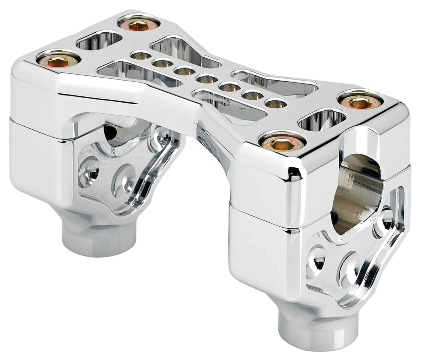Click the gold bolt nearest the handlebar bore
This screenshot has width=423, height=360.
click(282, 142)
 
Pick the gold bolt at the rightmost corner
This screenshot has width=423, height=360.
click(360, 102)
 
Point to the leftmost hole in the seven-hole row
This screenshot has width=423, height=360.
click(141, 55)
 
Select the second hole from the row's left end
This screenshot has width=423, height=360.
click(162, 63)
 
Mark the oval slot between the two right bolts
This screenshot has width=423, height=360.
click(322, 119)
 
